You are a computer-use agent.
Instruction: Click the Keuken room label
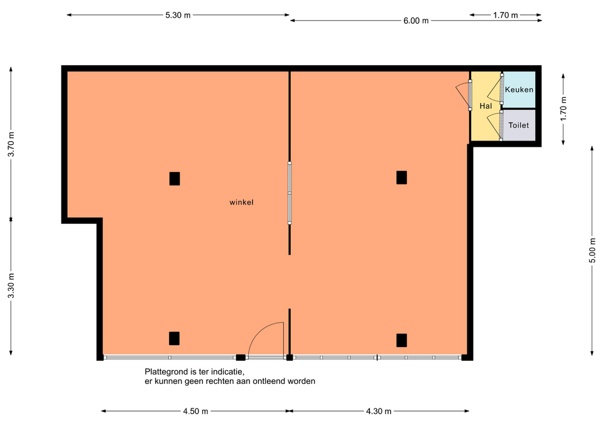(x=519, y=90)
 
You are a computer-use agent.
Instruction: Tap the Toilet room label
(x=518, y=125)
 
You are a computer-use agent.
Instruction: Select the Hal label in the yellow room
(x=486, y=105)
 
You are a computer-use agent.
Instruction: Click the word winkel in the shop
(x=241, y=202)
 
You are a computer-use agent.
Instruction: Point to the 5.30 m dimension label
(x=178, y=15)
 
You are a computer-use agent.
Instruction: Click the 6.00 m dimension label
(x=416, y=21)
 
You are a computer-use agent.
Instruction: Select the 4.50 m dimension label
(x=195, y=412)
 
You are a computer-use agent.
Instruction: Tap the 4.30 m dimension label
(x=378, y=412)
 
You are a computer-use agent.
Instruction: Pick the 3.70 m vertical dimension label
(x=11, y=144)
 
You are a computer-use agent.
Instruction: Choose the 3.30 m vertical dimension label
(x=11, y=285)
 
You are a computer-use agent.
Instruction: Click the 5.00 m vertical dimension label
(x=592, y=250)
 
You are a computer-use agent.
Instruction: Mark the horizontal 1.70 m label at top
(x=505, y=15)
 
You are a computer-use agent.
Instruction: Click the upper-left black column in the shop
(x=175, y=179)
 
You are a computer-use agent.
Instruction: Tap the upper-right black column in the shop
(x=401, y=178)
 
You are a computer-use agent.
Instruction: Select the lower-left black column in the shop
(x=174, y=338)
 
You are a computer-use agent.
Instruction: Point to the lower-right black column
(x=401, y=340)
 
